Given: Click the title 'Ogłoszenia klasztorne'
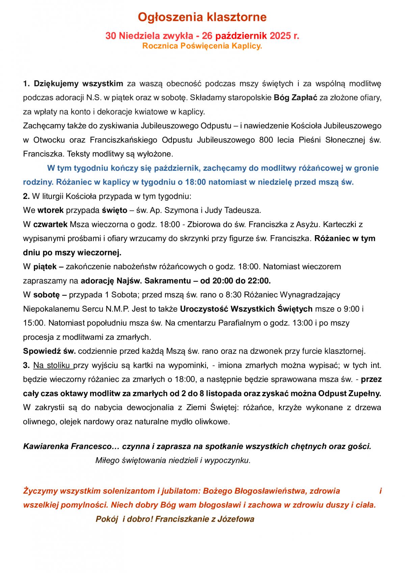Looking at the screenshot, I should (202, 17).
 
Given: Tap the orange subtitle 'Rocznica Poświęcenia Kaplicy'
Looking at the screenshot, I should (202, 46).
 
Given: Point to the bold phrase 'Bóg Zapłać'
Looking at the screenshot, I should (293, 98).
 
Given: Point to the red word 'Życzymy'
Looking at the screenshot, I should (37, 491).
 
